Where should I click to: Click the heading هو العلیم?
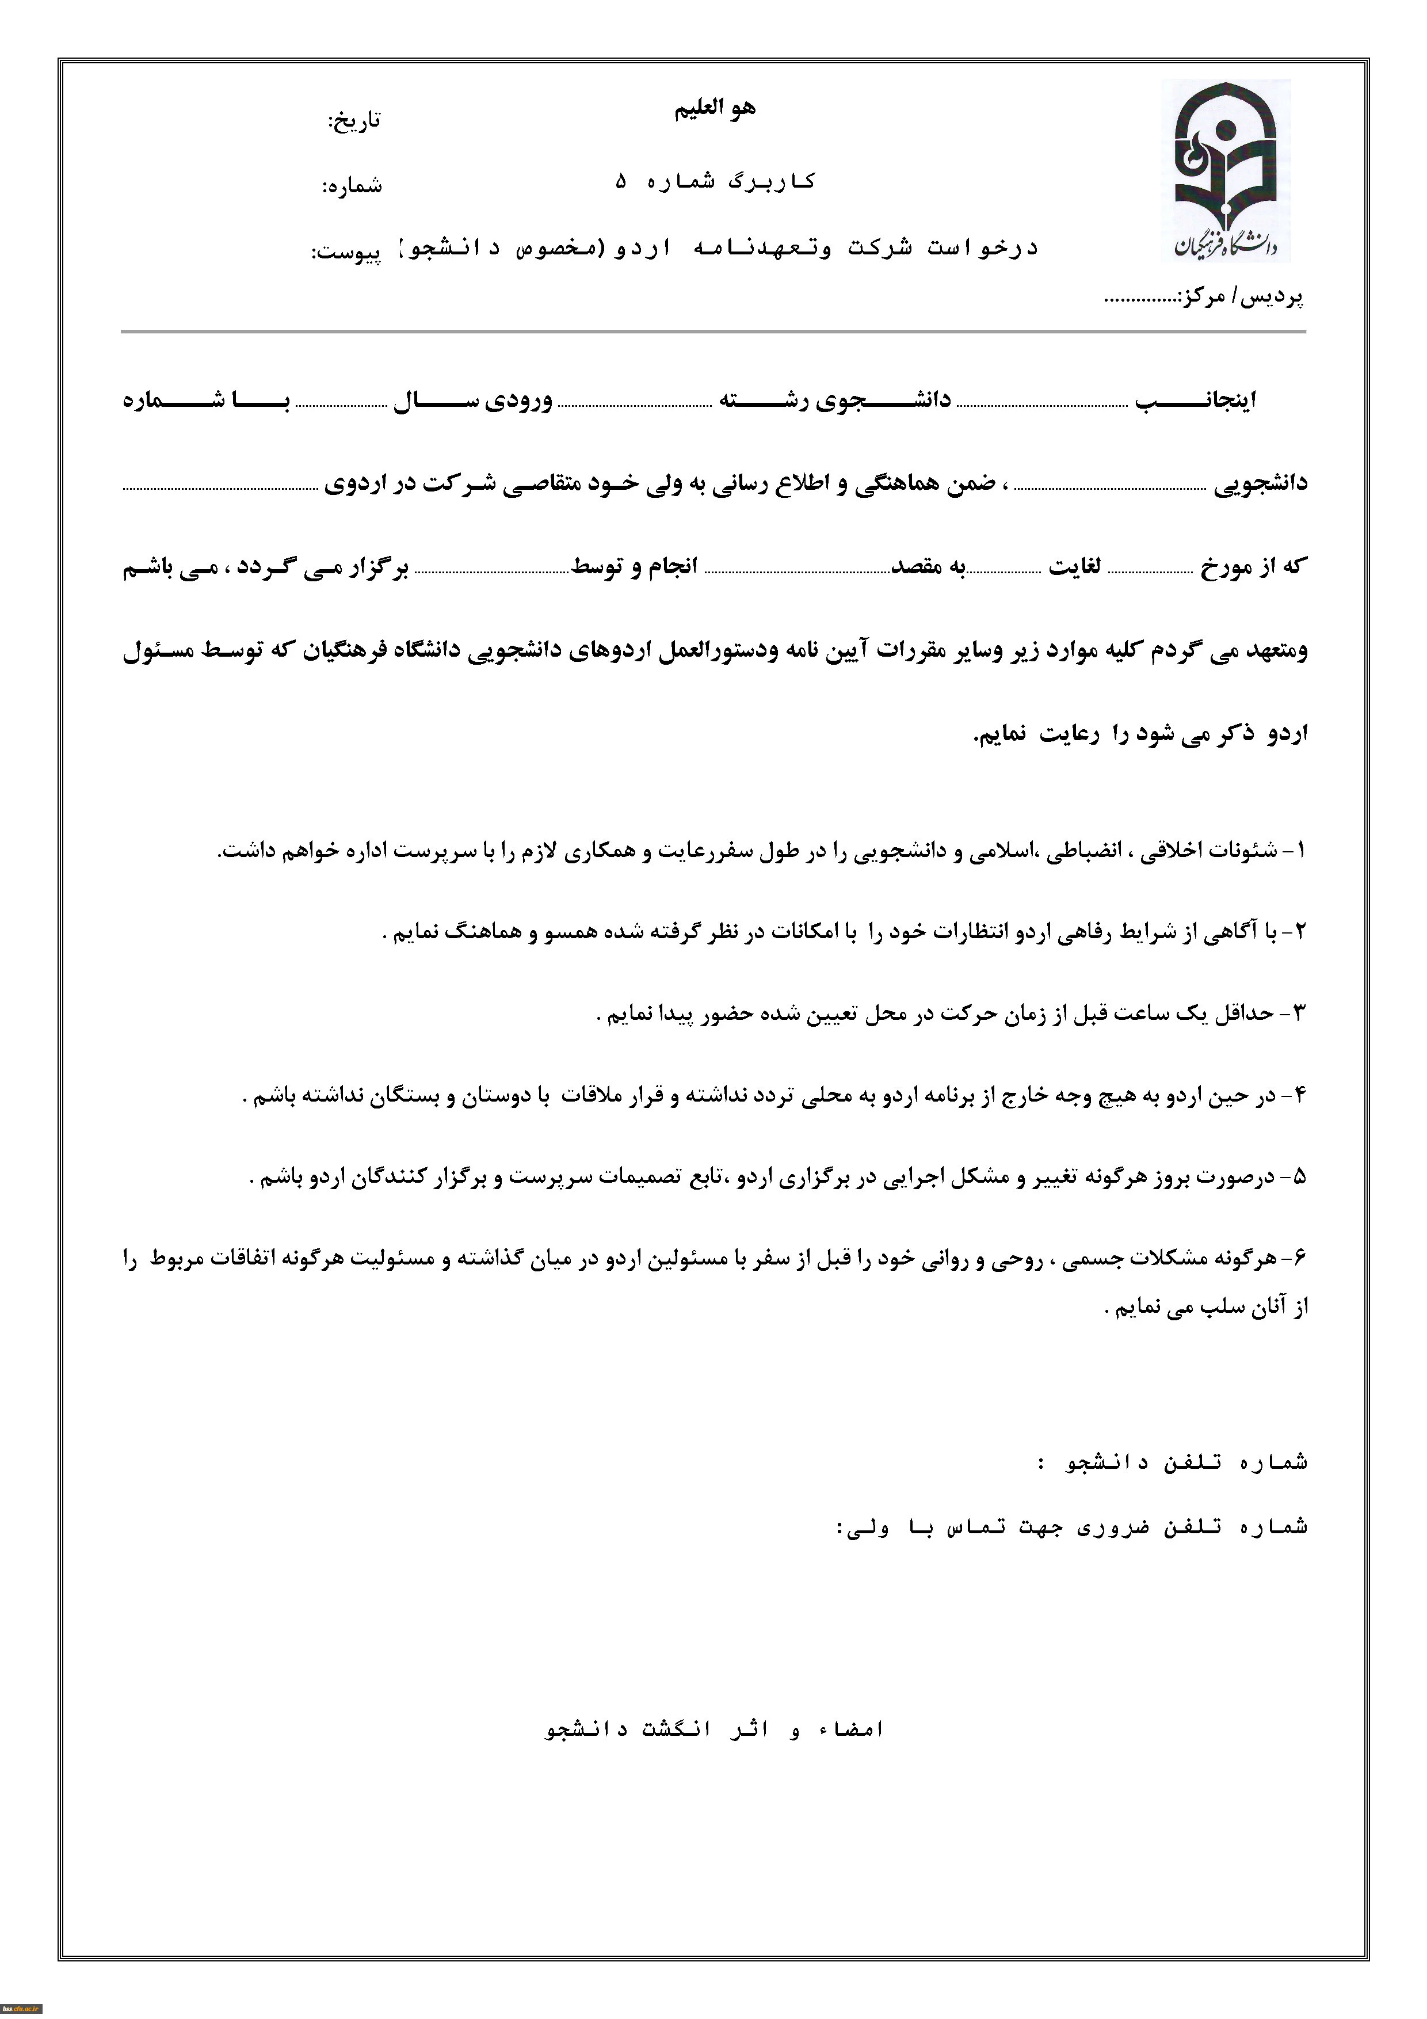[715, 109]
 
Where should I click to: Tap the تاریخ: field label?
[354, 120]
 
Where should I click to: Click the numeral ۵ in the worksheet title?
[621, 182]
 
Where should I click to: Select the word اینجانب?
[1195, 401]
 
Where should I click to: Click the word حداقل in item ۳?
[1243, 1014]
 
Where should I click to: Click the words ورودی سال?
[473, 401]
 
